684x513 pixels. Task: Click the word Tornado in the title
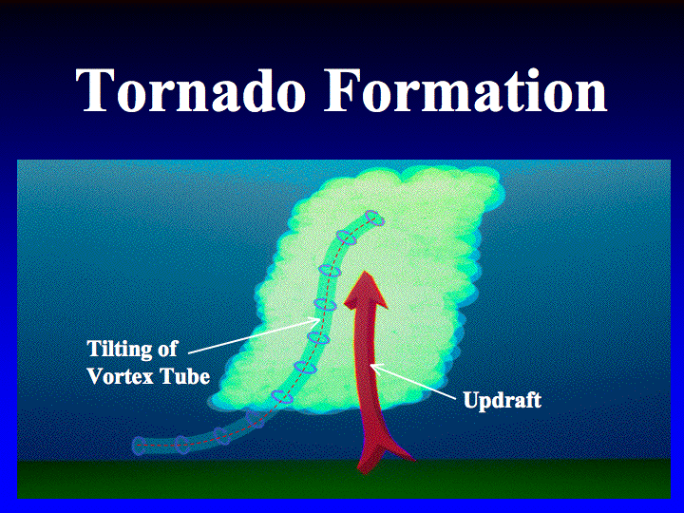tap(190, 90)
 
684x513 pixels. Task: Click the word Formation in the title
tap(465, 90)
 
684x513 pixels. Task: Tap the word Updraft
tap(503, 400)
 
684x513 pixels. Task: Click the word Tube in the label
tap(186, 376)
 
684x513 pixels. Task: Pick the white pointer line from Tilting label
tap(255, 335)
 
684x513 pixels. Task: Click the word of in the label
tap(167, 349)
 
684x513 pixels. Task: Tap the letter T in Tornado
tap(92, 90)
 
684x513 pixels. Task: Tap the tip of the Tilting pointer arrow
tap(321, 319)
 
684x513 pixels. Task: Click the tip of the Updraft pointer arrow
tap(370, 365)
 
